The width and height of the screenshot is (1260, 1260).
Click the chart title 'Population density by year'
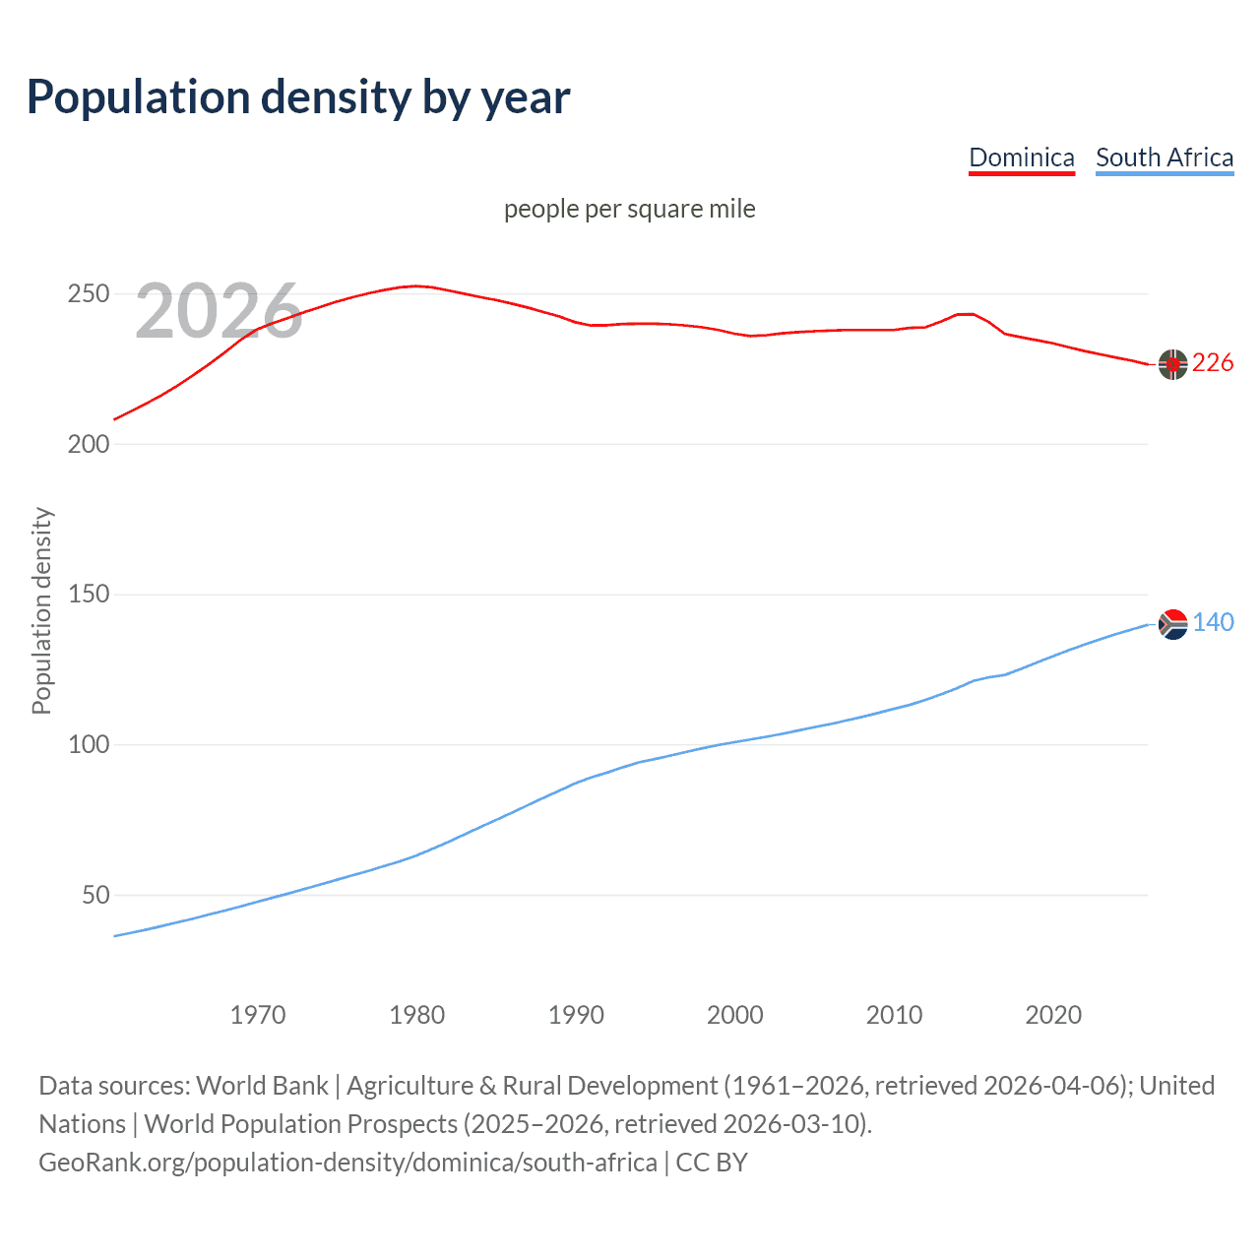(298, 97)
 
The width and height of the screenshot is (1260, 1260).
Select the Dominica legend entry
(1021, 157)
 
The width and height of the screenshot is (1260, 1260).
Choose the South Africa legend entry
(1164, 157)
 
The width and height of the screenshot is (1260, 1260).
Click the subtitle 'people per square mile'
(629, 209)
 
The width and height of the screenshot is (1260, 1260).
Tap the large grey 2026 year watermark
(219, 311)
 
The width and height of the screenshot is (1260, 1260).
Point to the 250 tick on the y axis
(88, 294)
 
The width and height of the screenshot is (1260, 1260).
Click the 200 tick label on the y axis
(88, 444)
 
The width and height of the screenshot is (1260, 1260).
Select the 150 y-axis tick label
(88, 595)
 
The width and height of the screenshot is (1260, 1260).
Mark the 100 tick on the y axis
(88, 744)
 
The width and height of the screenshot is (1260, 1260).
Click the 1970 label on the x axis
(258, 1015)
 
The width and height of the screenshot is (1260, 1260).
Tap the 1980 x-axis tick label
(417, 1015)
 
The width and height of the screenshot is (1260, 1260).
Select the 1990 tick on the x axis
(576, 1015)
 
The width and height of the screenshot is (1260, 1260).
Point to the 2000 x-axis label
(735, 1015)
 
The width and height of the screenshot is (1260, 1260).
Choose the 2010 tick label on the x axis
(894, 1015)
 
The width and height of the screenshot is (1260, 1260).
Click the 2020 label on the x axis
(1053, 1015)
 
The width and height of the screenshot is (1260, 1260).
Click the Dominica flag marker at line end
(1172, 364)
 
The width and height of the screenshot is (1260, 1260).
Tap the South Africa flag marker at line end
(1172, 624)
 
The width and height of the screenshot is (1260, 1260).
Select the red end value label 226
(1213, 363)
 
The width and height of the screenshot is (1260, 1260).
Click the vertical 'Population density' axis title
(41, 610)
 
